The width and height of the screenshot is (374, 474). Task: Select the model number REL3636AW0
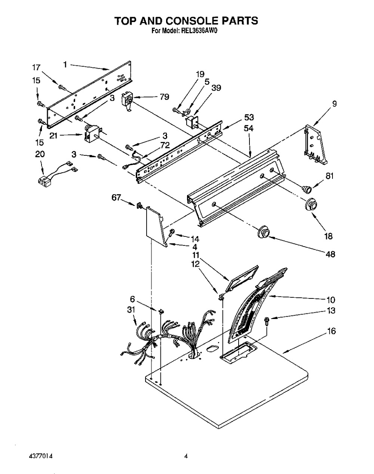tap(199, 31)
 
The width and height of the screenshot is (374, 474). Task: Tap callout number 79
tap(164, 97)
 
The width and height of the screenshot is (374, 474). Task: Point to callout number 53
tap(249, 117)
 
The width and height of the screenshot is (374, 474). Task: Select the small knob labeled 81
tap(307, 189)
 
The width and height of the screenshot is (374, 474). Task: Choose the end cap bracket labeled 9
tap(315, 145)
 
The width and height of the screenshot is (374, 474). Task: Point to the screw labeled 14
tap(172, 233)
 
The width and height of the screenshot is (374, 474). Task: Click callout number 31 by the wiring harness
tap(131, 310)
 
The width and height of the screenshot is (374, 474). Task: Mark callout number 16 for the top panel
tap(332, 331)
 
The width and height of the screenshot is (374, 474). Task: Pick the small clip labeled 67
tap(139, 206)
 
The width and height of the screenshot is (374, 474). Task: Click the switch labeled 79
tap(128, 102)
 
